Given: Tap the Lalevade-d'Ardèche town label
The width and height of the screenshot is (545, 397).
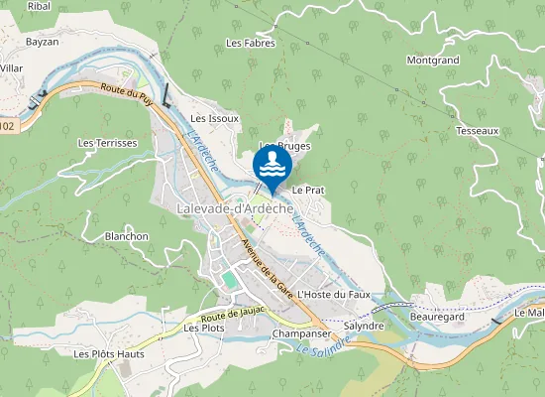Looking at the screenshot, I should [234, 208].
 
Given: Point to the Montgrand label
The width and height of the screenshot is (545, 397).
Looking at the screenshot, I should [432, 61].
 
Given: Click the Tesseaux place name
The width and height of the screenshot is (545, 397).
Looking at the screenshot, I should [477, 131].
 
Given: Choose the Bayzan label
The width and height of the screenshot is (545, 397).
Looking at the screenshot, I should [43, 43].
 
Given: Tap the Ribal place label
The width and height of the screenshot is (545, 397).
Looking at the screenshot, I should [39, 6].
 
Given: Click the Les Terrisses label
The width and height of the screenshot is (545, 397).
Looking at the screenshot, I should [107, 143].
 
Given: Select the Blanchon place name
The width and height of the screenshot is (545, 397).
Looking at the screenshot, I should [126, 236].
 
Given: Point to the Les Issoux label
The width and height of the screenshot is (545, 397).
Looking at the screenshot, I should [215, 118].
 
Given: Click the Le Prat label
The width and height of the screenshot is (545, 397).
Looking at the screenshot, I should [308, 189].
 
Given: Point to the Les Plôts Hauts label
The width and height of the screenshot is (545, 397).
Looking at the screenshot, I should [109, 353].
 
